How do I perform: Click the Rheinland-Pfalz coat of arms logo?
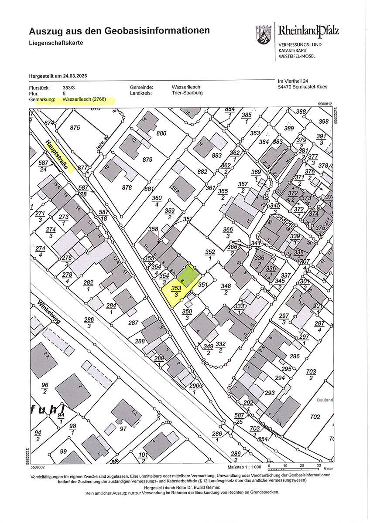(264, 34)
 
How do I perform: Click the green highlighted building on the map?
(188, 275)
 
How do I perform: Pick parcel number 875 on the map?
(75, 128)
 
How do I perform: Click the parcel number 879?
(147, 160)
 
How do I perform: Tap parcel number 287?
(133, 323)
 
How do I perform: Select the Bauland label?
(325, 400)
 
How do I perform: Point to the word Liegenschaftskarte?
(56, 43)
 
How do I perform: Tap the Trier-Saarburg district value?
(187, 93)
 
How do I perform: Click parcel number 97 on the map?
(123, 428)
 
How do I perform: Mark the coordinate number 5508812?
(325, 104)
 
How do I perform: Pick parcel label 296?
(295, 356)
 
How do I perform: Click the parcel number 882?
(202, 172)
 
